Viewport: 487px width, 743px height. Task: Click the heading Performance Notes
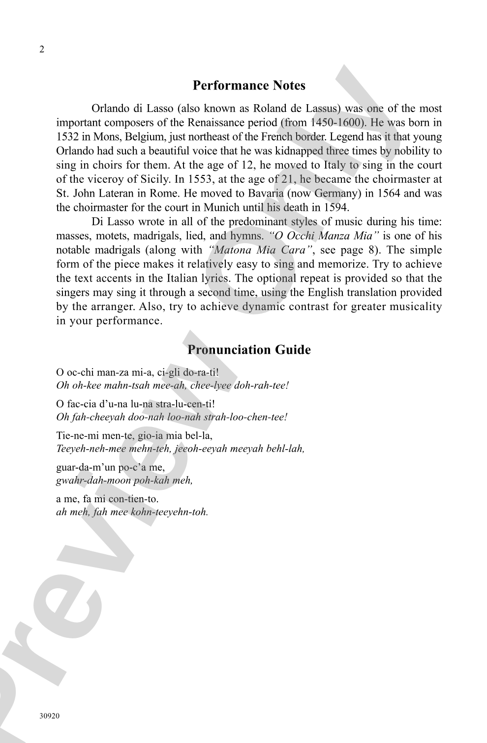(249, 86)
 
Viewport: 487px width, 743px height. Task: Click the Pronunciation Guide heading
(249, 350)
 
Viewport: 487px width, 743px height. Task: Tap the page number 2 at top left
(42, 50)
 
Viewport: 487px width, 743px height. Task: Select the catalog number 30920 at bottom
(50, 716)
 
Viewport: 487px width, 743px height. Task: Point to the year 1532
(66, 137)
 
